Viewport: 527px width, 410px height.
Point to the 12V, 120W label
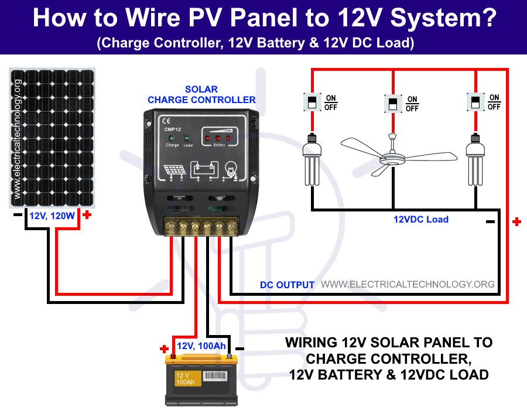[53, 216]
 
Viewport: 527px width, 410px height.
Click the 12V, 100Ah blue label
[201, 346]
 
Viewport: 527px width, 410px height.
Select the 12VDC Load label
[420, 220]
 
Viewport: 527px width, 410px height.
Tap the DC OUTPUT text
[287, 285]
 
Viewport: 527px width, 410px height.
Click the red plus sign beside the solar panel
[87, 215]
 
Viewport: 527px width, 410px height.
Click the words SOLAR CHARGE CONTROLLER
[201, 95]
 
